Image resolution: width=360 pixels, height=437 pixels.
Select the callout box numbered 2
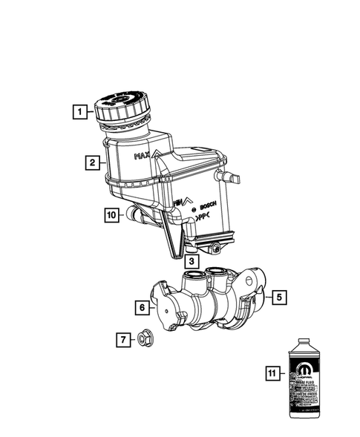93,161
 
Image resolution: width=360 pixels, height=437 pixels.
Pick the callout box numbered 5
278,298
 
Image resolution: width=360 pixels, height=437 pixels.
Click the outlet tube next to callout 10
134,215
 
